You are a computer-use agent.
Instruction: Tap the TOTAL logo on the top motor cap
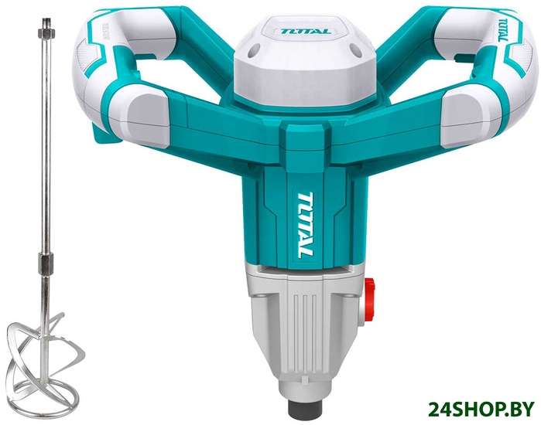(306, 32)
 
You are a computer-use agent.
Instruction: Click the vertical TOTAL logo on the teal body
(305, 225)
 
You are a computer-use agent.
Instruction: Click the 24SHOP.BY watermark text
(481, 409)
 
